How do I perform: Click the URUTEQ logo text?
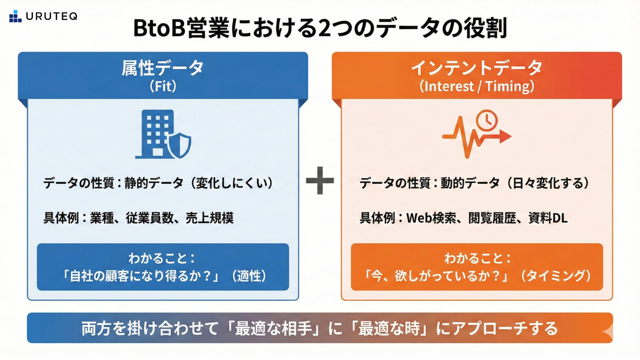[52, 16]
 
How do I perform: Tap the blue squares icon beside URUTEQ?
[15, 16]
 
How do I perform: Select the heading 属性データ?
[163, 68]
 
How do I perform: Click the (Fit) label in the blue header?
[163, 86]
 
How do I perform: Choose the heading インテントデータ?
[477, 68]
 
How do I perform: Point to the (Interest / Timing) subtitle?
[477, 86]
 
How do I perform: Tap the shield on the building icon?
[179, 145]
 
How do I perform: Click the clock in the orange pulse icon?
[487, 120]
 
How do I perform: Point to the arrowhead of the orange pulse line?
[505, 136]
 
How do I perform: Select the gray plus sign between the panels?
[320, 180]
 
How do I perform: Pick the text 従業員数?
[150, 218]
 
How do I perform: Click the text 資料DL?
[548, 218]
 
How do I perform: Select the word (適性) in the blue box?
[249, 276]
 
